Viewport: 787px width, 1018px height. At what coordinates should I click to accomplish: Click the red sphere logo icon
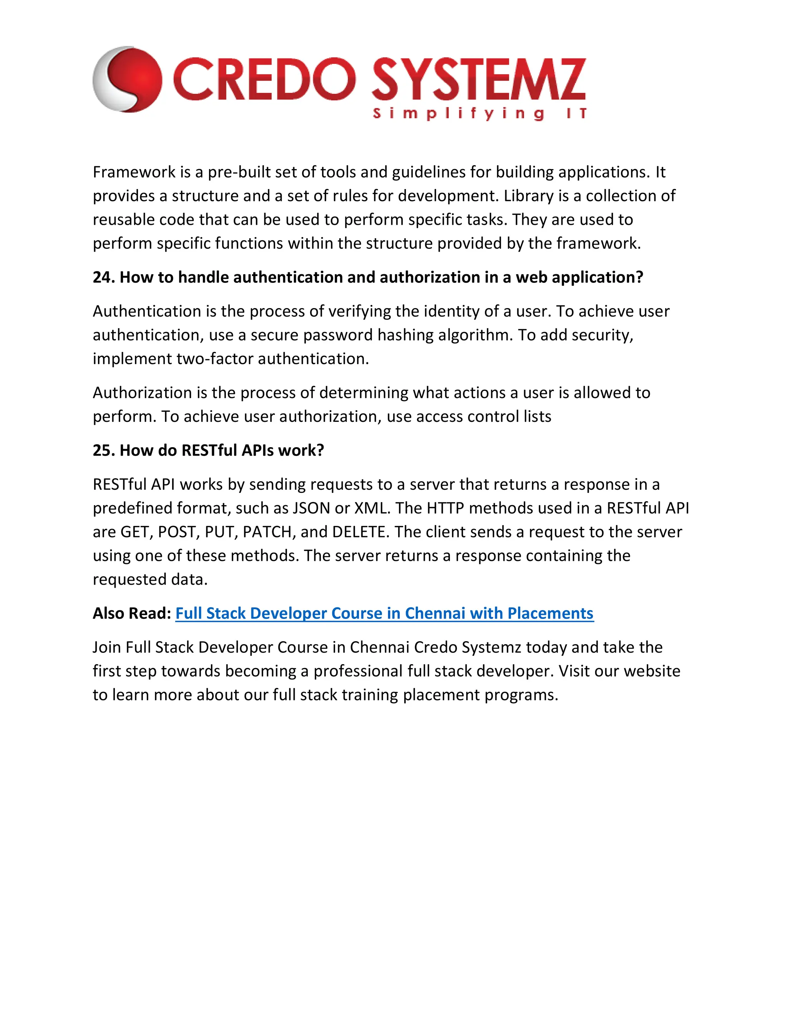click(x=127, y=79)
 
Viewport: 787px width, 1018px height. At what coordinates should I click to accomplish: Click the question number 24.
click(x=102, y=277)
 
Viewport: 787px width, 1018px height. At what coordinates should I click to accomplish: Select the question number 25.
click(x=102, y=450)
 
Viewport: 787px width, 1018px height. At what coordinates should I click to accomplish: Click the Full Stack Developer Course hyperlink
click(x=384, y=613)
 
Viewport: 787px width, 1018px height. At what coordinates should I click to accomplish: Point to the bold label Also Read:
click(x=132, y=613)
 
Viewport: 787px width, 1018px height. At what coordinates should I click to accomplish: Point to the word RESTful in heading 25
click(x=209, y=450)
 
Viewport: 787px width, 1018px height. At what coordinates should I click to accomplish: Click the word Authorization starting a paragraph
click(x=142, y=393)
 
